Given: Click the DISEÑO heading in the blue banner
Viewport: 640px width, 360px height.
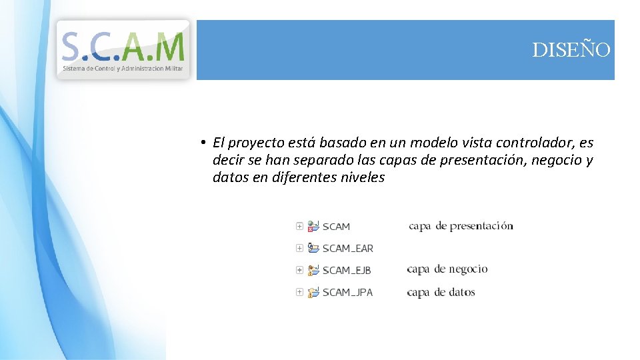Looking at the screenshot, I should point(571,50).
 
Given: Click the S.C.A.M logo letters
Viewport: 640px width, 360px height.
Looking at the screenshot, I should point(123,47).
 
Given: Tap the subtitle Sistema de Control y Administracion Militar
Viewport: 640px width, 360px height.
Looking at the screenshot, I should point(123,69).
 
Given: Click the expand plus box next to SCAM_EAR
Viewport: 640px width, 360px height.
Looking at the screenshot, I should point(299,248).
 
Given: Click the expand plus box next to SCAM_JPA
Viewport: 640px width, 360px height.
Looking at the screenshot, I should point(299,292).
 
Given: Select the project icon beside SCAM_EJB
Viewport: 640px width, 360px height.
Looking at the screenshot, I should point(313,270).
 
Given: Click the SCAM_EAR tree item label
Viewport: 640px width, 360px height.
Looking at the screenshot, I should point(347,249).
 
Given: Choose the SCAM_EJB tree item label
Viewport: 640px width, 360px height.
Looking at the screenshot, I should point(347,271).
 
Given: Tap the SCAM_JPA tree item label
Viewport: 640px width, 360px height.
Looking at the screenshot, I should point(347,293).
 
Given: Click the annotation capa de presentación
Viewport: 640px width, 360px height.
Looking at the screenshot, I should point(461,226).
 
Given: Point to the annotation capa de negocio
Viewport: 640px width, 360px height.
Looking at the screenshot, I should point(447,269).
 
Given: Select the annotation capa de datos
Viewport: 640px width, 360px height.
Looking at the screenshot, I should point(441,292).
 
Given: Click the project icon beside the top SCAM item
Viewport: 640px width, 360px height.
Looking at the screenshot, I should point(313,226).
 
